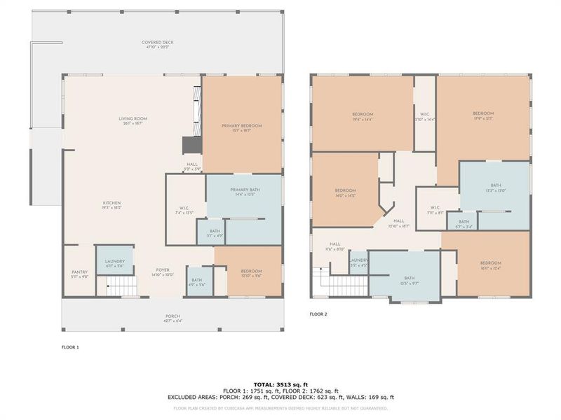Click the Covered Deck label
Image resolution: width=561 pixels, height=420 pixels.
tap(158, 43)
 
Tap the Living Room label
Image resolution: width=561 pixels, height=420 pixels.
tap(132, 120)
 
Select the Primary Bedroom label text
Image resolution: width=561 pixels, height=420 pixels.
tap(241, 126)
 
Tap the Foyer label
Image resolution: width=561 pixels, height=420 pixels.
tap(163, 272)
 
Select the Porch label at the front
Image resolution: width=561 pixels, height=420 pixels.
tap(173, 316)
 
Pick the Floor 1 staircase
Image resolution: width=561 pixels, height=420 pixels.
tap(114, 286)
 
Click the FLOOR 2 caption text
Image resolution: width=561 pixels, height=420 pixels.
tap(318, 314)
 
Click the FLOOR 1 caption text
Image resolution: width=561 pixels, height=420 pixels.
tap(70, 346)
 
